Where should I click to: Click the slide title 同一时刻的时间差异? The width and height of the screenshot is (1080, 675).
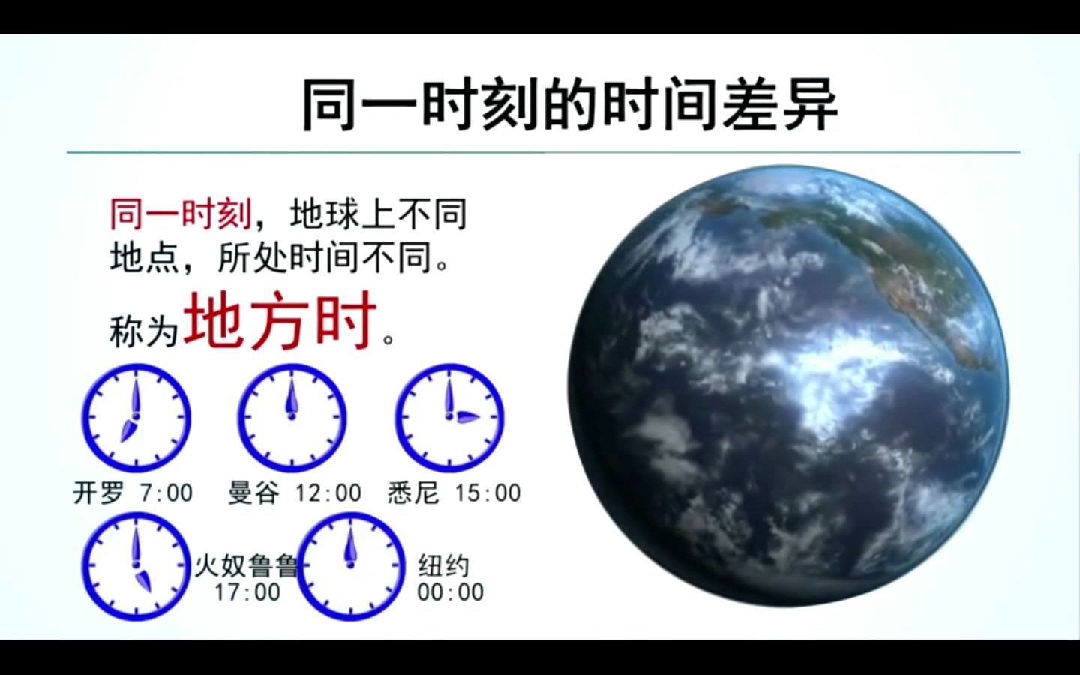click(570, 104)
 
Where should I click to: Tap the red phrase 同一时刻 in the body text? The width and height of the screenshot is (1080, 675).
click(181, 214)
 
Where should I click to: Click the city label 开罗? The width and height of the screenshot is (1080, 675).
click(98, 493)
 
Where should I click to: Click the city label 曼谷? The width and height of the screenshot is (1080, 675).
click(253, 493)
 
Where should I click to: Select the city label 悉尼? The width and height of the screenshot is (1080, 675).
click(413, 493)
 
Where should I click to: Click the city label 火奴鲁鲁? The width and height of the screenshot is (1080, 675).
click(246, 565)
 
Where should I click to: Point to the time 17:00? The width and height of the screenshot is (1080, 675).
click(247, 592)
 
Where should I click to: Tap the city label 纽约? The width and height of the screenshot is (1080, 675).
click(443, 565)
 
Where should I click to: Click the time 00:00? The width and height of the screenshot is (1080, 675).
click(450, 592)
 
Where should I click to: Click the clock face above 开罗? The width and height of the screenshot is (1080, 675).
click(136, 418)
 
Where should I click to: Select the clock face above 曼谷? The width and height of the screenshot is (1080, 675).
click(292, 418)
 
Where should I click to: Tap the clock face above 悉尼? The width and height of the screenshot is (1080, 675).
click(450, 418)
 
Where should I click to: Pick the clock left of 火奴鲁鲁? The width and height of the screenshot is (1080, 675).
click(136, 566)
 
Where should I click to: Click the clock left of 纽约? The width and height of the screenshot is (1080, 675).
click(350, 566)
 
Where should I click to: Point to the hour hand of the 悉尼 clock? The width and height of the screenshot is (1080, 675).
click(466, 418)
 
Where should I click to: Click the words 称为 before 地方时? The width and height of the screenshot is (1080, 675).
click(144, 331)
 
